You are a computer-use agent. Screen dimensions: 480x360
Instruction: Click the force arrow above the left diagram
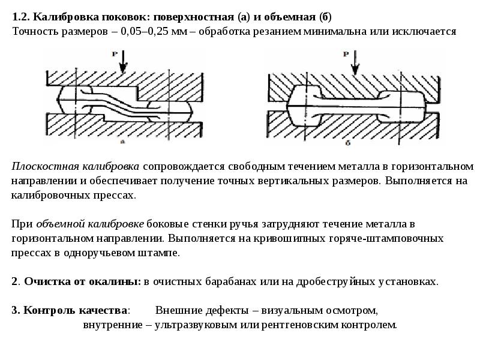[x=123, y=62]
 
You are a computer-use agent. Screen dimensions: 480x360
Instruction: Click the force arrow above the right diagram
[x=355, y=63]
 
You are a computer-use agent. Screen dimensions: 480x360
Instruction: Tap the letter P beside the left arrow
[x=115, y=54]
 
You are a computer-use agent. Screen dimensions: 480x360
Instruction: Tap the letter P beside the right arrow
[x=346, y=55]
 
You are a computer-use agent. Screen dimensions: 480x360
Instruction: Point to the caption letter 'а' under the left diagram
[x=123, y=142]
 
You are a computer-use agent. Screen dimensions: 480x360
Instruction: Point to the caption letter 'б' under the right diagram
[x=348, y=143]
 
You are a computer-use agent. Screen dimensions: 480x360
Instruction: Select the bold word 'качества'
[x=103, y=310]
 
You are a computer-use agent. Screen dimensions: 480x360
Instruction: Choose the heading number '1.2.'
[x=21, y=17]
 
